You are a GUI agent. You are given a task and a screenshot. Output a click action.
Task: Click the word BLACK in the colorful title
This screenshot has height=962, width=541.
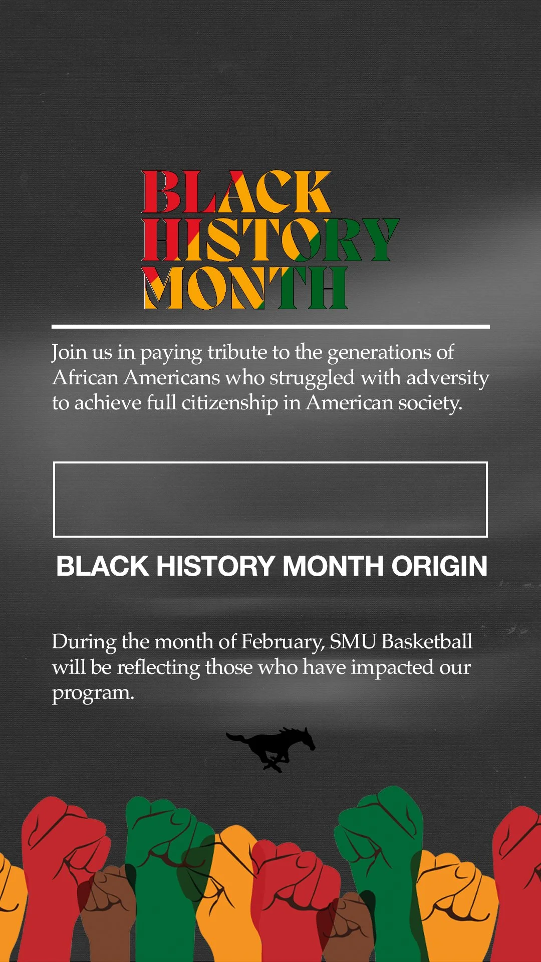pyautogui.click(x=236, y=192)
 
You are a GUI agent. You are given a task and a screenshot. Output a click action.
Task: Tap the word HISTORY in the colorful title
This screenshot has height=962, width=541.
pyautogui.click(x=270, y=240)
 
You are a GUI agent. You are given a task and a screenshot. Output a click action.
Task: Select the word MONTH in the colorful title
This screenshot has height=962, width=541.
pyautogui.click(x=245, y=288)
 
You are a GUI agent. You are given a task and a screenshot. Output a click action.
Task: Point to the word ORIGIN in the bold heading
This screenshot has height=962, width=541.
pyautogui.click(x=439, y=566)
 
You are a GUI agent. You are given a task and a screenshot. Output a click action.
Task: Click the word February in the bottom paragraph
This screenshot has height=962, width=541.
pyautogui.click(x=283, y=642)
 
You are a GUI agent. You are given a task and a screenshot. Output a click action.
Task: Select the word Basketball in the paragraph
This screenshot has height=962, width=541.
pyautogui.click(x=427, y=641)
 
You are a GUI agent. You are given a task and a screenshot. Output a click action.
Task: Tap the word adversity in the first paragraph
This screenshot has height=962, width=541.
pyautogui.click(x=447, y=378)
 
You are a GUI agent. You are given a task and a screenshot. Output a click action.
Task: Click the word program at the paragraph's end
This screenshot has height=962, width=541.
pyautogui.click(x=93, y=693)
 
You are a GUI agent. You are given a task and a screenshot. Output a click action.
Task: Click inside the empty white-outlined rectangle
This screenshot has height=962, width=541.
pyautogui.click(x=270, y=500)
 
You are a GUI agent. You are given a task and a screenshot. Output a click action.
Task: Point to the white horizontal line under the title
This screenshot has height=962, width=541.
pyautogui.click(x=270, y=327)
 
